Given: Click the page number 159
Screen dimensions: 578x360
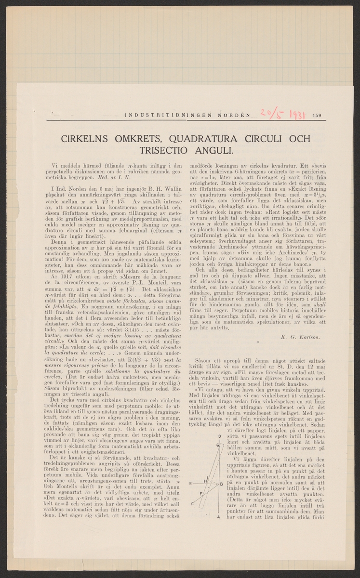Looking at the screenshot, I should pyautogui.click(x=317, y=115).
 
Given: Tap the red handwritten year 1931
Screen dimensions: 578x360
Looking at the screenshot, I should pyautogui.click(x=292, y=114).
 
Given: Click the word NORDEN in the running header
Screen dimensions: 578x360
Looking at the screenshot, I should pyautogui.click(x=232, y=115).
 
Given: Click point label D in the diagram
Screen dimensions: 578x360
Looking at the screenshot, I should pyautogui.click(x=219, y=436).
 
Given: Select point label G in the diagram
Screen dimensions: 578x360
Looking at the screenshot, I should pyautogui.click(x=218, y=445).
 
